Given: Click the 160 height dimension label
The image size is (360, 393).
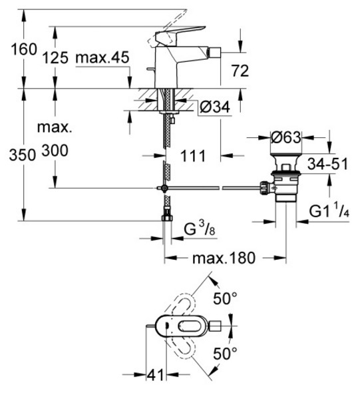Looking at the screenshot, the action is (24, 49).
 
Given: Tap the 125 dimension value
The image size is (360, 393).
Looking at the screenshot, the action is (55, 57).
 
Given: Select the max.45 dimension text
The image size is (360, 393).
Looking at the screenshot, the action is (102, 57).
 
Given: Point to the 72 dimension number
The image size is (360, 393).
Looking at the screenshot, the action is (240, 71).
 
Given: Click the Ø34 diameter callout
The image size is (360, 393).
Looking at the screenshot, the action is (215, 107).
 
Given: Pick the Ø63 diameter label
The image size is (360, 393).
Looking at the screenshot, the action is (286, 137).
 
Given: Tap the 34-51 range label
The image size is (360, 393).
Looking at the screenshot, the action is (327, 164).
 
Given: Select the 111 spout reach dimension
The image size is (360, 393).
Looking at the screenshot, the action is (193, 156).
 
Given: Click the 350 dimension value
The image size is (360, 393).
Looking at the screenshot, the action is (23, 155).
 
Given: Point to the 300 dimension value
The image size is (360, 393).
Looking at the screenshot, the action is (55, 151).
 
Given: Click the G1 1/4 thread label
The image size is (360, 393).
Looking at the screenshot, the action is (329, 210).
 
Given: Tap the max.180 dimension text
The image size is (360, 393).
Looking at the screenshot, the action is (224, 258).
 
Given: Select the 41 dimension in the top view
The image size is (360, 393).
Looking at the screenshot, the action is (155, 375).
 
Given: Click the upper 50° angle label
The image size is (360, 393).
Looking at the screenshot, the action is (225, 298).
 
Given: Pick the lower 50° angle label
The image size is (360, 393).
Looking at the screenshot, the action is (225, 354).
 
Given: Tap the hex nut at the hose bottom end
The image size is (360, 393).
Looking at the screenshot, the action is (167, 217).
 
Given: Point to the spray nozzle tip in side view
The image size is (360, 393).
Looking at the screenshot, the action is (214, 53).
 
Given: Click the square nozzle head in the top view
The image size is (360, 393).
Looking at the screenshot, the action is (215, 326).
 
